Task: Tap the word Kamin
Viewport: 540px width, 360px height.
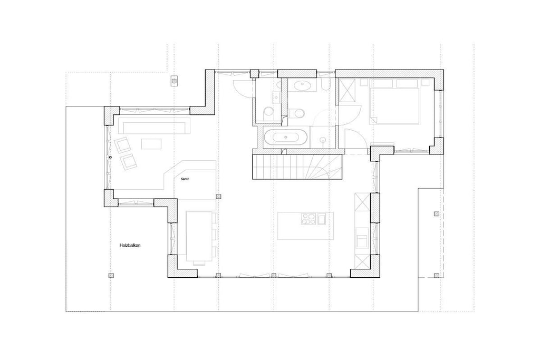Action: coord(185,179)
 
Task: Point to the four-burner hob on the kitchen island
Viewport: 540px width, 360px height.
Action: coord(308,219)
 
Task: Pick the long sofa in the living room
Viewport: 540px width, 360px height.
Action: coord(155,125)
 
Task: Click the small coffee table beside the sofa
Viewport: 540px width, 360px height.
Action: coord(151,143)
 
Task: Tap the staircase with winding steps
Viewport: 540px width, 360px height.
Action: coord(297,167)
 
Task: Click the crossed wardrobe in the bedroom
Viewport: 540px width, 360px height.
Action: coord(347,91)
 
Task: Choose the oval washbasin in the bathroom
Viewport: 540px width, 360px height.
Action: coord(302,85)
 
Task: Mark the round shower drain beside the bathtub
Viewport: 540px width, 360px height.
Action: coord(323,140)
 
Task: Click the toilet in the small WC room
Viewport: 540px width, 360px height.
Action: coord(268,112)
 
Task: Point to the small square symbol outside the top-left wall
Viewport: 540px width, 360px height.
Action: coord(174,81)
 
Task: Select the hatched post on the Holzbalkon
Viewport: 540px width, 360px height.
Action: coord(111,275)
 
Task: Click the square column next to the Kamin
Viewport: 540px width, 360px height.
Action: coord(218,197)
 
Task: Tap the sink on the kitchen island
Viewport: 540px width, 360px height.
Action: coord(322,219)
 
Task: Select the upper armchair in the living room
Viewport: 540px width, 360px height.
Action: coord(122,145)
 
